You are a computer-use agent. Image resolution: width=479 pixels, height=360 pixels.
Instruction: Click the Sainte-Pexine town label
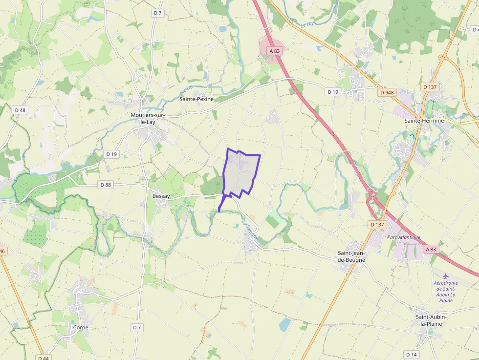pyautogui.click(x=197, y=99)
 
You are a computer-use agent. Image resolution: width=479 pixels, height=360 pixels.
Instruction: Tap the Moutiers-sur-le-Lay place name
pyautogui.click(x=148, y=119)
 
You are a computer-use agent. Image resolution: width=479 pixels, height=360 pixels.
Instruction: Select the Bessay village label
pyautogui.click(x=161, y=196)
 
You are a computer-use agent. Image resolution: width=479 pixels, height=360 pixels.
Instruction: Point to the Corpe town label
pyautogui.click(x=80, y=328)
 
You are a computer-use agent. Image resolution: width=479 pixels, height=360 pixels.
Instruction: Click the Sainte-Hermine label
pyautogui.click(x=424, y=121)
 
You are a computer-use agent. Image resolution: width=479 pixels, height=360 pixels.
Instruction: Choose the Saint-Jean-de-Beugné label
pyautogui.click(x=352, y=256)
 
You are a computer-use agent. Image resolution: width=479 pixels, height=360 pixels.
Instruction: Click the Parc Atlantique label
pyautogui.click(x=404, y=237)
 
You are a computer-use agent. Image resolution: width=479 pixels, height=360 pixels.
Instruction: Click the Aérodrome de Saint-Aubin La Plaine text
pyautogui.click(x=446, y=292)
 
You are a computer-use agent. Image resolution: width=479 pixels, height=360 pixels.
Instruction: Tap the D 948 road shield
pyautogui.click(x=386, y=92)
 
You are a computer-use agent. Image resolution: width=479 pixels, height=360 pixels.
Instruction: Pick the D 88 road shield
pyautogui.click(x=106, y=185)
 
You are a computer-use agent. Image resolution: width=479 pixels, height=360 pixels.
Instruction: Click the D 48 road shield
pyautogui.click(x=20, y=110)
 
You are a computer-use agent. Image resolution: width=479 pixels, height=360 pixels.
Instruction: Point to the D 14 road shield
pyautogui.click(x=412, y=354)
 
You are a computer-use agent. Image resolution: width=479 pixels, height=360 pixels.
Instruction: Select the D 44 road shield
pyautogui.click(x=43, y=357)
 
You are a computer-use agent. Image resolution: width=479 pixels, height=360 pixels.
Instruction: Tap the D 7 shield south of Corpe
pyautogui.click(x=136, y=327)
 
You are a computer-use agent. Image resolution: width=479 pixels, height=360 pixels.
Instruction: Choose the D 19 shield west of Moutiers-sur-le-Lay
pyautogui.click(x=111, y=154)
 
